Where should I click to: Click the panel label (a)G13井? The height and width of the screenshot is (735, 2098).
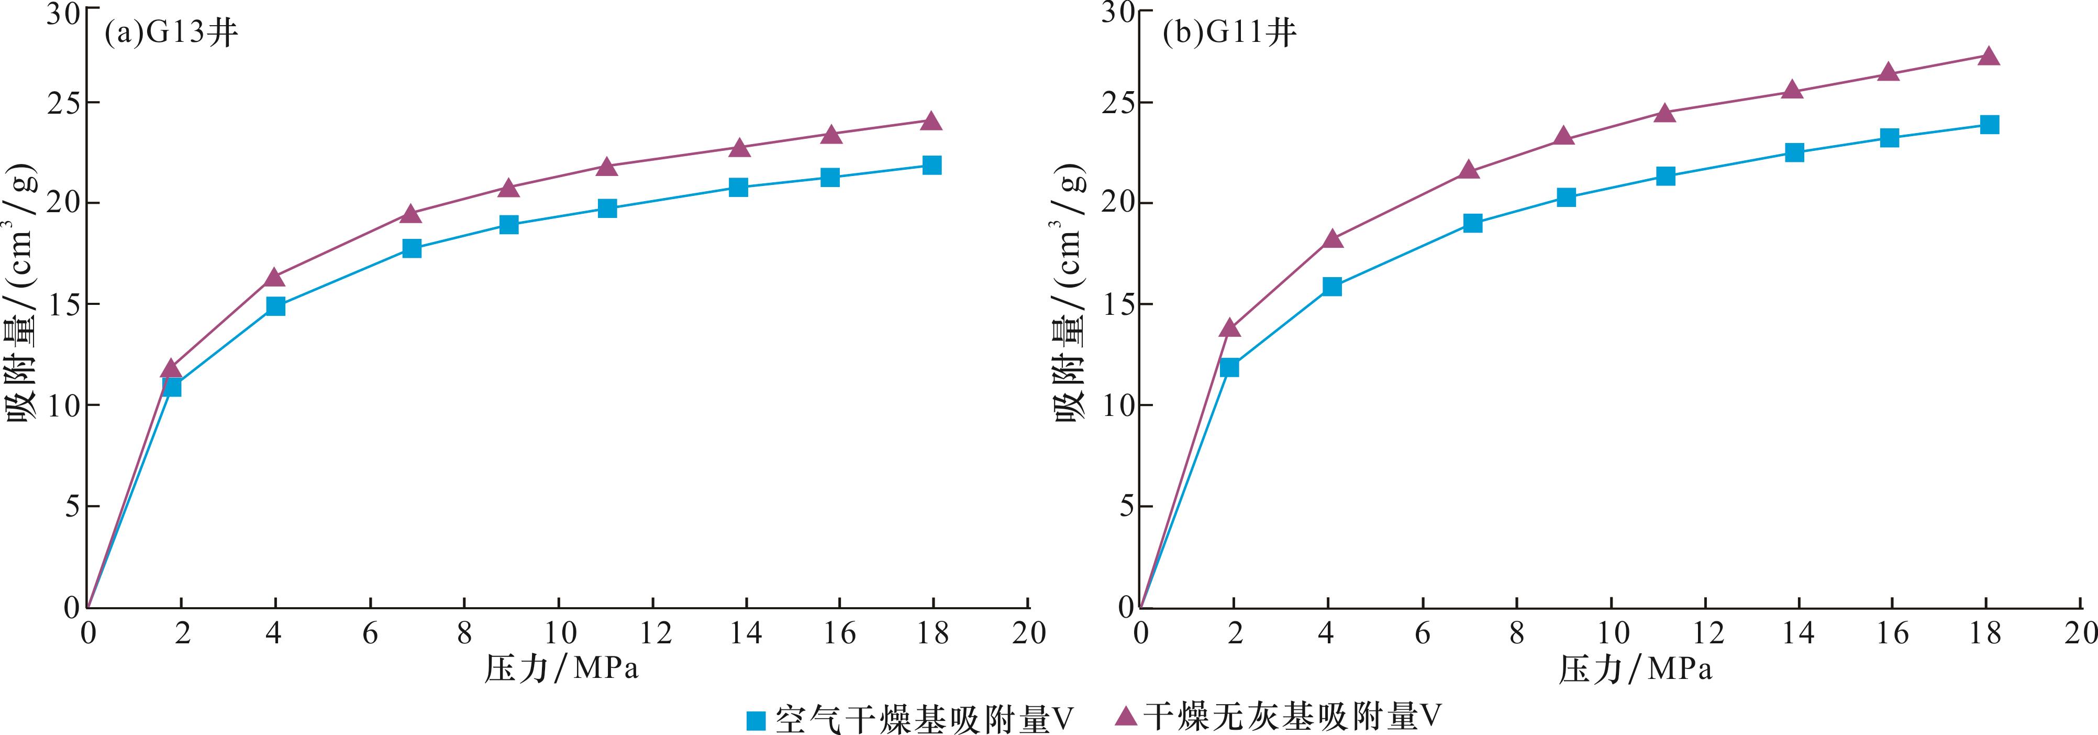[x=171, y=34]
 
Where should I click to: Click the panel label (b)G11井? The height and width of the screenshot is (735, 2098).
[x=1229, y=34]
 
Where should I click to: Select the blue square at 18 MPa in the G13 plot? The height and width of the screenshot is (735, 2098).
[x=932, y=166]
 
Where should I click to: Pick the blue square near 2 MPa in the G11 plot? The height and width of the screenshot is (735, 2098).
[x=1230, y=368]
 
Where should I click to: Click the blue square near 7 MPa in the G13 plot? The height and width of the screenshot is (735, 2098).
[x=412, y=248]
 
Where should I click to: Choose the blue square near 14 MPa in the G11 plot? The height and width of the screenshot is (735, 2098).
[x=1794, y=152]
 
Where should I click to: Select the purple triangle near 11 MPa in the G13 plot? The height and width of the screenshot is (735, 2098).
[x=607, y=166]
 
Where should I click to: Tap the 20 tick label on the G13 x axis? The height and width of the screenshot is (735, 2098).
[x=1029, y=634]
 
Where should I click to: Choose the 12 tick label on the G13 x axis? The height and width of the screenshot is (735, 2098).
[x=653, y=634]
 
